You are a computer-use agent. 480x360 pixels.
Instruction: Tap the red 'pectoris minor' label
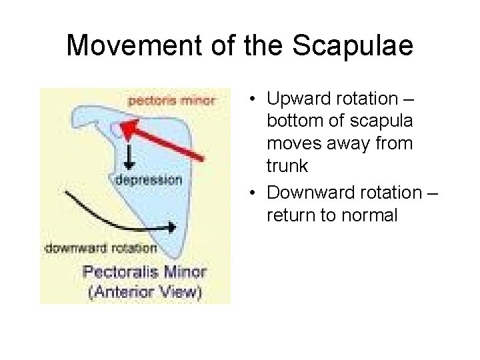(x=171, y=101)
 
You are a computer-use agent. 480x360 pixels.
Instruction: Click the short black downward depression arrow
(x=127, y=157)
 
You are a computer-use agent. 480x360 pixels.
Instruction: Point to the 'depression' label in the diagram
(x=148, y=179)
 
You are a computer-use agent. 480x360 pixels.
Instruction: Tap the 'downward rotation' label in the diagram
(x=101, y=248)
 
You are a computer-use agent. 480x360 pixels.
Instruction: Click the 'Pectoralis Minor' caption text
(x=144, y=272)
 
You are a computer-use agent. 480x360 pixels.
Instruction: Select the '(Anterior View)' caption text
(x=144, y=291)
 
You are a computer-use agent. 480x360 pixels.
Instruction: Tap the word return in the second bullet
(x=287, y=216)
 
